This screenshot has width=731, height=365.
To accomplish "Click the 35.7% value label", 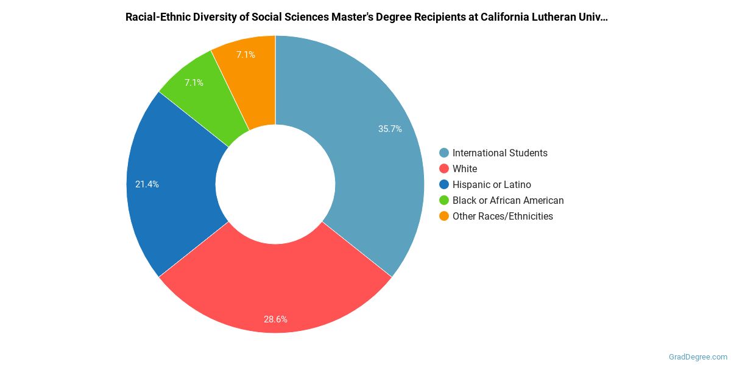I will click(390, 129).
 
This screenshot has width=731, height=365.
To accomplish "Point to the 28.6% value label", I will click(275, 319).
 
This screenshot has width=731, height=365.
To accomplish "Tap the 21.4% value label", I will click(147, 184).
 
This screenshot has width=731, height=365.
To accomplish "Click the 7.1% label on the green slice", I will click(194, 83).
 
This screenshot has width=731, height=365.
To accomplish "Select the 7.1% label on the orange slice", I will click(245, 55).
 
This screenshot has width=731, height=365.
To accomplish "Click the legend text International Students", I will click(500, 153).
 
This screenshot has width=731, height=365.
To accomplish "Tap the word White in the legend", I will click(465, 169).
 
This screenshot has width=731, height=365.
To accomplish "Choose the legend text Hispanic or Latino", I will click(492, 185).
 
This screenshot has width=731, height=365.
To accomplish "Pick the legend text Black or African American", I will click(508, 201).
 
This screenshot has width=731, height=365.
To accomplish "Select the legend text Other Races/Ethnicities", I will click(503, 217).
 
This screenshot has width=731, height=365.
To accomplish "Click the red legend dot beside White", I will click(444, 169).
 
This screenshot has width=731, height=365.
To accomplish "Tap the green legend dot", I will click(444, 201).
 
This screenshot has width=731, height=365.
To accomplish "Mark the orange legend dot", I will click(444, 217).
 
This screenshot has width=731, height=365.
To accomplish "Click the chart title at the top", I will click(366, 17).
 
